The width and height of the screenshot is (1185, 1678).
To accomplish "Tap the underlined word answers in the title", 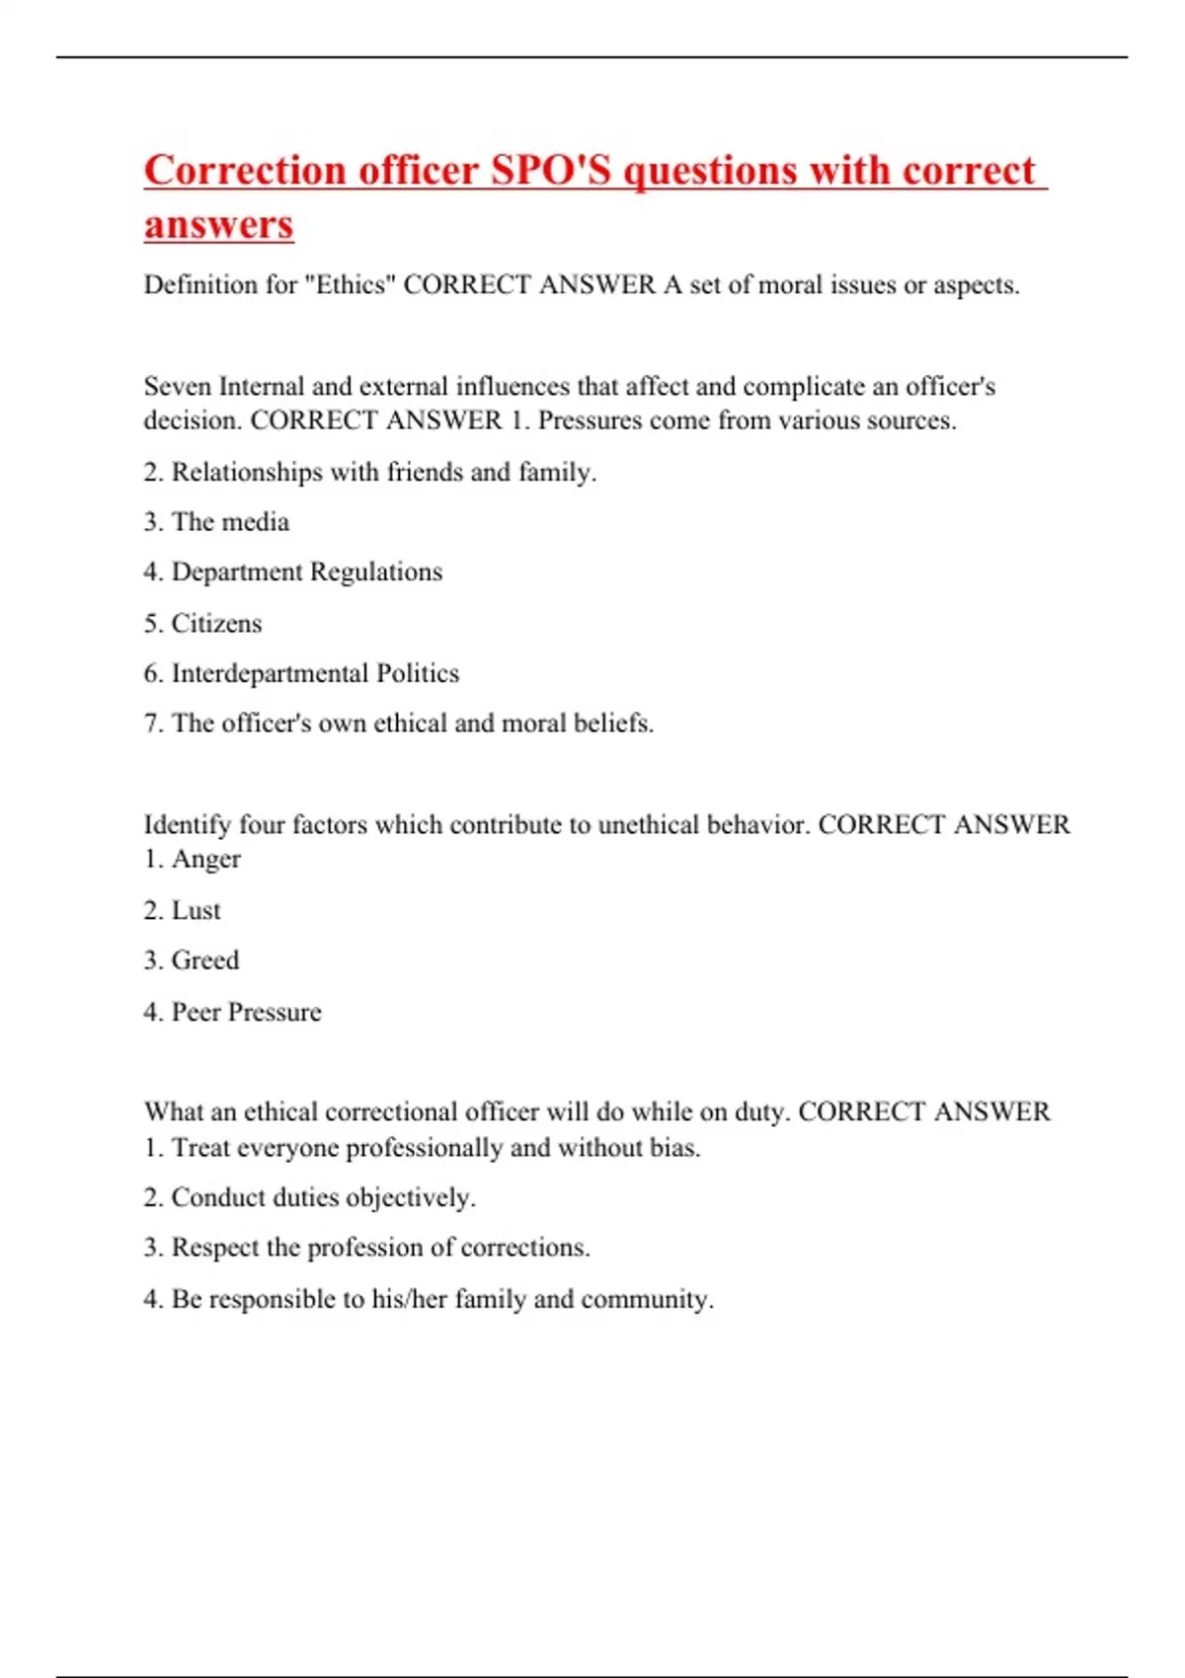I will [x=218, y=224].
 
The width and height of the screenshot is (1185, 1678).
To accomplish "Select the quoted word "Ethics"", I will [x=350, y=285].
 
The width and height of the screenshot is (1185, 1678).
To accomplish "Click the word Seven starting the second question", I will [x=178, y=386].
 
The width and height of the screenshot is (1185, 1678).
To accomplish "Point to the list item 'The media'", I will [x=230, y=522].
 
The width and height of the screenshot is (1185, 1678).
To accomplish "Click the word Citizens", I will [x=216, y=624].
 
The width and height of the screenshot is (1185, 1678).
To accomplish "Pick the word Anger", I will [x=205, y=860].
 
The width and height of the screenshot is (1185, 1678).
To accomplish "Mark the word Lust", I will [x=196, y=910].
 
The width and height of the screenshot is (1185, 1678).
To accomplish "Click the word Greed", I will [x=205, y=960].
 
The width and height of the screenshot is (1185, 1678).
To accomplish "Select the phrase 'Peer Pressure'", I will [x=246, y=1012].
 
